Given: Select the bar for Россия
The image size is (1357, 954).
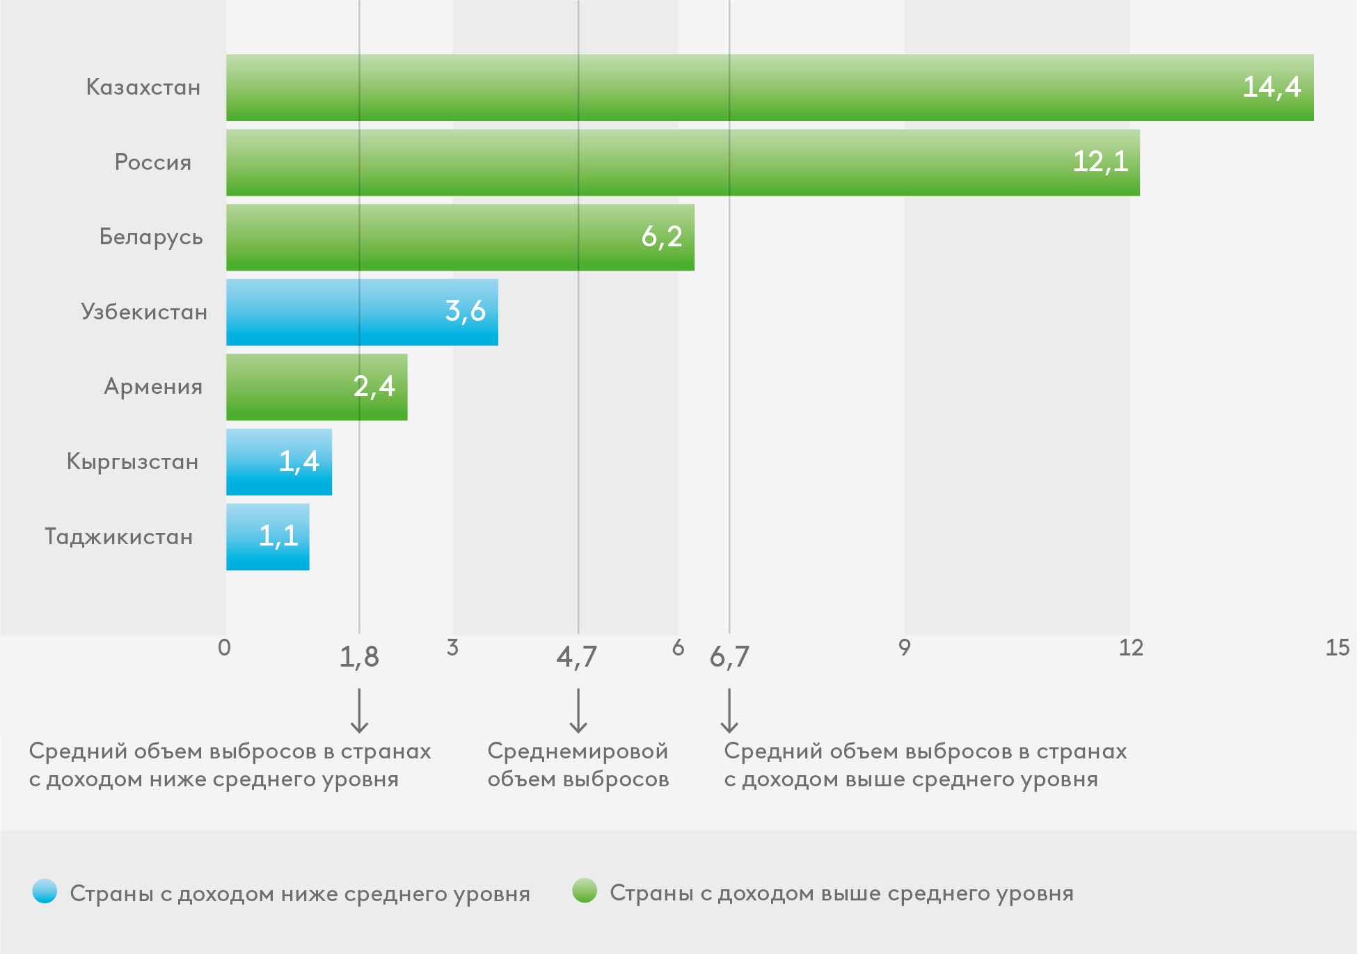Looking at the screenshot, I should [682, 162].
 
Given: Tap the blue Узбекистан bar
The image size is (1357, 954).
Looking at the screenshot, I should [362, 312].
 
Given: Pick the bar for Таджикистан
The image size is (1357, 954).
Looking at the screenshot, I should [267, 536].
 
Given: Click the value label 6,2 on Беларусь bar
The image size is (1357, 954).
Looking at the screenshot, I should [662, 237].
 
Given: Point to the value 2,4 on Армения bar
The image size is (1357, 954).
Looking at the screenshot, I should [374, 387].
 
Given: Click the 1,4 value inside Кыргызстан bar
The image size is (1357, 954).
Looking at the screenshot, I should [299, 461].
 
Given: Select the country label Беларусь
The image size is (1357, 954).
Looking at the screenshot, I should [151, 237].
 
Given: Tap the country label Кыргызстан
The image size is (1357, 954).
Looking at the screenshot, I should [132, 462].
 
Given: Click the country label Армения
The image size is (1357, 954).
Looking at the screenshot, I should [153, 387].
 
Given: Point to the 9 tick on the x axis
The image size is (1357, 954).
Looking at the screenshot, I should [903, 648].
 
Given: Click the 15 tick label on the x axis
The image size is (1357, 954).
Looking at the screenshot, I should [1337, 648].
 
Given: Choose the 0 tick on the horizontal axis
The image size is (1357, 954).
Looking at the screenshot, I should [224, 648].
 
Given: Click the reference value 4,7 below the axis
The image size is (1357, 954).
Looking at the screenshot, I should [576, 658].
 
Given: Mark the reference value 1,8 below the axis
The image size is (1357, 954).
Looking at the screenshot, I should [359, 658].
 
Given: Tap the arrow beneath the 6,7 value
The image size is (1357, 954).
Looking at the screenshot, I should [729, 711].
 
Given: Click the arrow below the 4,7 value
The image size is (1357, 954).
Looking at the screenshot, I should [578, 711].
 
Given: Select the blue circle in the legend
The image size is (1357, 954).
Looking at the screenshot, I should [45, 891].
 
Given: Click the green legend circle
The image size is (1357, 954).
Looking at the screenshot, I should [585, 891].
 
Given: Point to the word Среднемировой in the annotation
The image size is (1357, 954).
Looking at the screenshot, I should [578, 752].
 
